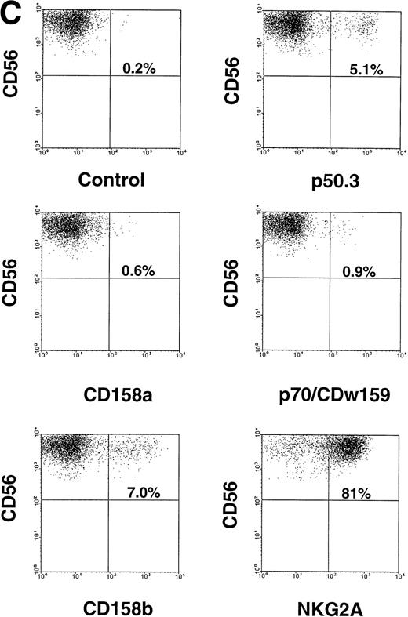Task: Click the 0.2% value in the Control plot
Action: (140, 69)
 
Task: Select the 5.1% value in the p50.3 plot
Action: (362, 69)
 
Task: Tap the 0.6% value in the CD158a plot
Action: (139, 271)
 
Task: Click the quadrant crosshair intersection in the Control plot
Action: (110, 76)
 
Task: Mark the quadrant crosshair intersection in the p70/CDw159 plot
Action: (330, 278)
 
